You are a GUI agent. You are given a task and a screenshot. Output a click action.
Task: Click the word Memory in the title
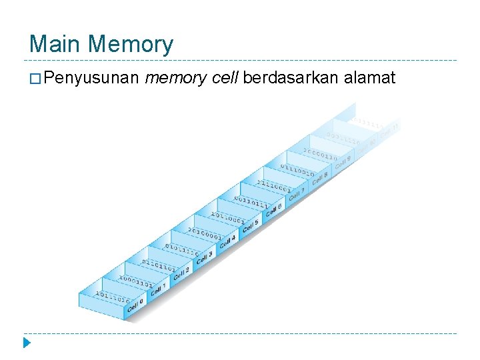click(130, 45)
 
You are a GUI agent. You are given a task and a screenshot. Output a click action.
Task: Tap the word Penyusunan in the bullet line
click(92, 79)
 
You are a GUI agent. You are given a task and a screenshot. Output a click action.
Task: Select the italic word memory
click(174, 79)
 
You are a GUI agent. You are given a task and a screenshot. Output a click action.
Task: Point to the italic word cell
click(224, 79)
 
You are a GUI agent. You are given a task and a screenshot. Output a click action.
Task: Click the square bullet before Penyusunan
click(35, 79)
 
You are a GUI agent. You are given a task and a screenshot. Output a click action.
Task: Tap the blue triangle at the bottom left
click(26, 345)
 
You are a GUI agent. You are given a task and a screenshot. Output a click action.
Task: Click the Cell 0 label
click(135, 306)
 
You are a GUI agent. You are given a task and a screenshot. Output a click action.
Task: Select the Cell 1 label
click(158, 289)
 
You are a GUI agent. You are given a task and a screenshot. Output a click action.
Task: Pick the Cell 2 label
click(181, 272)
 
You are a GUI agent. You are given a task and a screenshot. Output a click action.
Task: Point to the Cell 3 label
click(204, 255)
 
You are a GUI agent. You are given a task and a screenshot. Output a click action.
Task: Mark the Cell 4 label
click(227, 239)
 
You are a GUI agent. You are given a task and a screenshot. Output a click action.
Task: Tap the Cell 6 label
click(273, 209)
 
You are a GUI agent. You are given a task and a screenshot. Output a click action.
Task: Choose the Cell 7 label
click(297, 192)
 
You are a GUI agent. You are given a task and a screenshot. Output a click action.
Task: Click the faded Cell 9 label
click(343, 161)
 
